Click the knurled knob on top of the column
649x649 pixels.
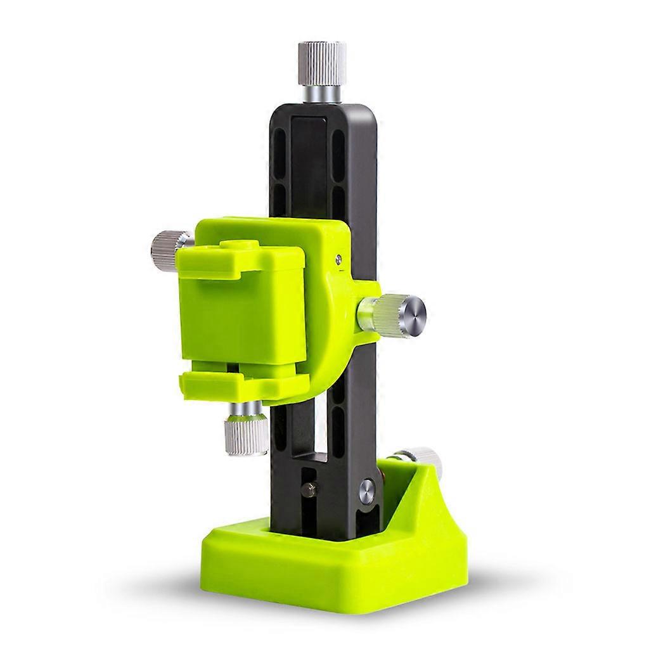323,63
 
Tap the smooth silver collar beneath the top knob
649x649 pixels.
321,93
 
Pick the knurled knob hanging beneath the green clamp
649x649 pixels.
247,435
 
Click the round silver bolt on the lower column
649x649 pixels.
366,492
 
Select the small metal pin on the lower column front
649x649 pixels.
309,489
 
